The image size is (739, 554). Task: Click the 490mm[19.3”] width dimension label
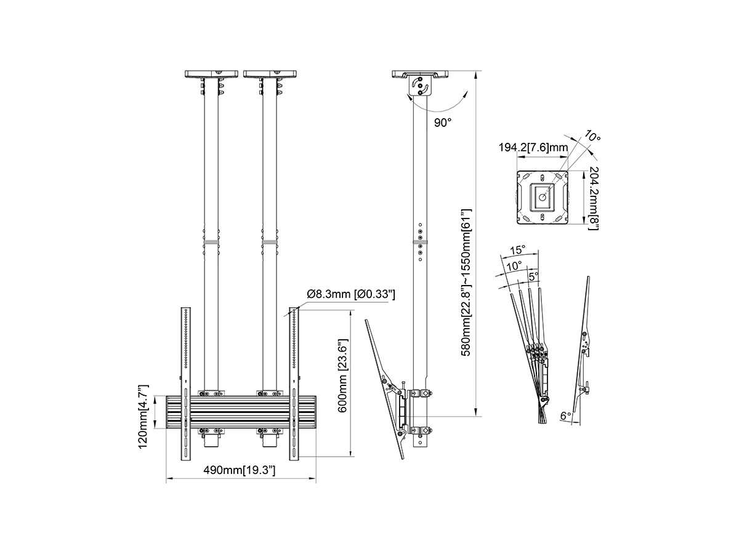click(x=239, y=470)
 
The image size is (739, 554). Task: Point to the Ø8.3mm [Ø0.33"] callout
click(x=351, y=294)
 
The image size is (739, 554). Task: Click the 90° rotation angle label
click(x=442, y=122)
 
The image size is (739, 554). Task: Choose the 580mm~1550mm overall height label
click(x=466, y=283)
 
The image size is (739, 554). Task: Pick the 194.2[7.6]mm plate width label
click(x=533, y=147)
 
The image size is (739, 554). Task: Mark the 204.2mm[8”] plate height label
click(x=594, y=198)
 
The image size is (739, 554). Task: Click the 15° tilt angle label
click(x=518, y=251)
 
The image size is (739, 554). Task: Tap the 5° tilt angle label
click(x=533, y=276)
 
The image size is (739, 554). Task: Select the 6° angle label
click(x=565, y=416)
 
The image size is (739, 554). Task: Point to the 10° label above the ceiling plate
click(x=592, y=136)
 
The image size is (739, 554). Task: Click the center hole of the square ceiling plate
click(x=542, y=198)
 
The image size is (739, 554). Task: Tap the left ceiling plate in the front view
click(x=211, y=74)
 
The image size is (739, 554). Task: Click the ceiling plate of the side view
click(x=420, y=74)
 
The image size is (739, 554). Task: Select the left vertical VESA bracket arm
click(x=186, y=383)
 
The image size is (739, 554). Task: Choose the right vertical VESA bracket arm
click(x=294, y=383)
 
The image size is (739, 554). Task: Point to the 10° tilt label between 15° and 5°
click(x=514, y=266)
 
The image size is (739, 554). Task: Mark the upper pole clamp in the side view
click(x=419, y=393)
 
